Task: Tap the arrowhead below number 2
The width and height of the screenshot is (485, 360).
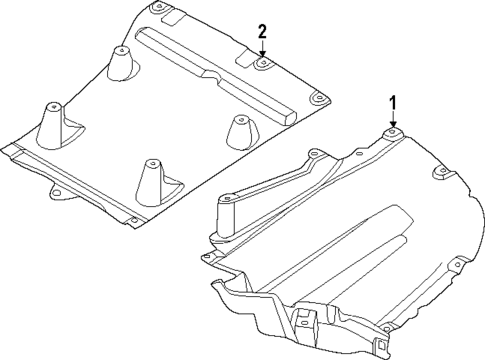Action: click(262, 55)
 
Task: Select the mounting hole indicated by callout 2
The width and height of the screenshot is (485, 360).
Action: click(262, 63)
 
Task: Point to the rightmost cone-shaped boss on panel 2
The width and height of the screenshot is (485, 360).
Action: click(239, 129)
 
